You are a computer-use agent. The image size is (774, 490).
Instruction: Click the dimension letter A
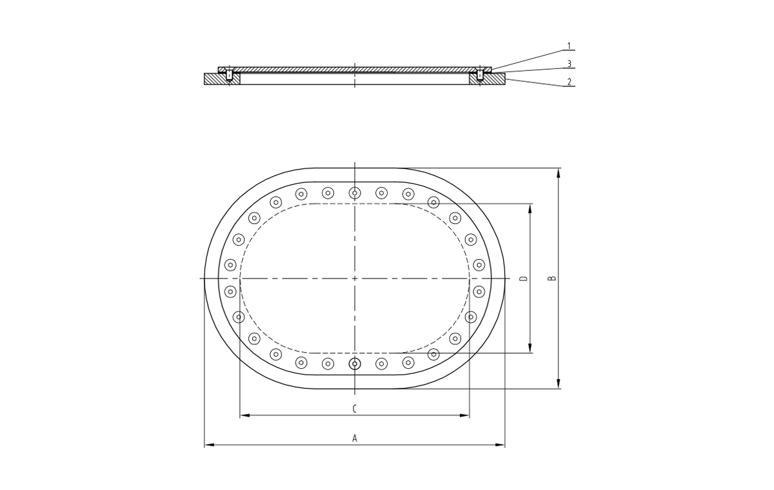point(355,438)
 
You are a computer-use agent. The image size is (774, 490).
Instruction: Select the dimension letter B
point(551,279)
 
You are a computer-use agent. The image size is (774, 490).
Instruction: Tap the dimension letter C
point(355,409)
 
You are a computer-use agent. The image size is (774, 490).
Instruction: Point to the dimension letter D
point(523,279)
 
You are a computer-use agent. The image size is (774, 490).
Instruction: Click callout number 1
point(569,46)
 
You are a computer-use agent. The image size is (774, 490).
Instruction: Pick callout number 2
point(569,82)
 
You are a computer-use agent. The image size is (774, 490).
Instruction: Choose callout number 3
point(569,64)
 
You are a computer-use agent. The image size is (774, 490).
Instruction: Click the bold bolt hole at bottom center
point(355,364)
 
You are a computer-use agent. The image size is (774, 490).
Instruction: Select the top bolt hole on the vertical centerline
point(355,193)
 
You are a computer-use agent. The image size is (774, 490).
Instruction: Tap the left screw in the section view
point(230,75)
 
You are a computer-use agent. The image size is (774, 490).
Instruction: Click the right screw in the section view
point(480,75)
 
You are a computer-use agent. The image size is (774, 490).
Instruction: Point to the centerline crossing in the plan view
point(355,279)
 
